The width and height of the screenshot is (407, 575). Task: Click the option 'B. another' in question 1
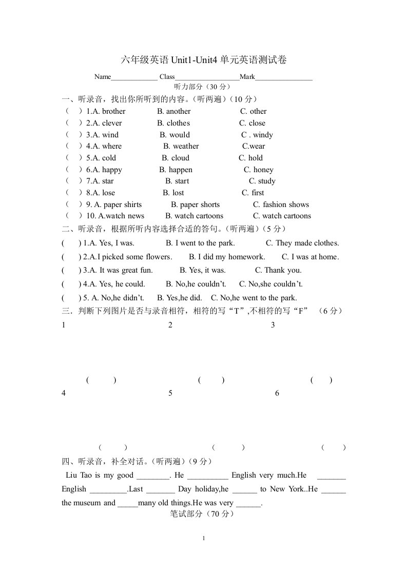pyautogui.click(x=173, y=111)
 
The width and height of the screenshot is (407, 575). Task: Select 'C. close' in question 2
pyautogui.click(x=252, y=123)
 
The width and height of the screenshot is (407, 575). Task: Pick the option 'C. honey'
pyautogui.click(x=259, y=170)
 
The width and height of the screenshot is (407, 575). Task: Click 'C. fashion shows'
pyautogui.click(x=281, y=204)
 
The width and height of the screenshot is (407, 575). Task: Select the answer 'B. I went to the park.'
pyautogui.click(x=200, y=243)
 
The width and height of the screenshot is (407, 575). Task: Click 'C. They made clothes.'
pyautogui.click(x=302, y=243)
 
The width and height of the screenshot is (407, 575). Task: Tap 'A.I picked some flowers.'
pyautogui.click(x=130, y=257)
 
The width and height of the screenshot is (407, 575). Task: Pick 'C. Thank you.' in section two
pyautogui.click(x=279, y=270)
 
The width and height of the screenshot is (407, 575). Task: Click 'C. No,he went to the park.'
pyautogui.click(x=254, y=298)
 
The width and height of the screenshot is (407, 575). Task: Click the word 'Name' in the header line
pyautogui.click(x=103, y=77)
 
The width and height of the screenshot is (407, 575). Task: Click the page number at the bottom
pyautogui.click(x=204, y=538)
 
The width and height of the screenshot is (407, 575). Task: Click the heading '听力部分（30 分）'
pyautogui.click(x=203, y=86)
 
